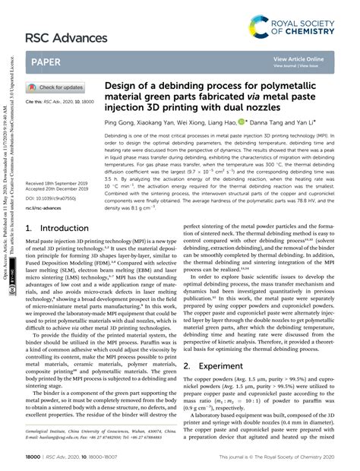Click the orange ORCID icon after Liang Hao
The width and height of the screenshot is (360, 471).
242,121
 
